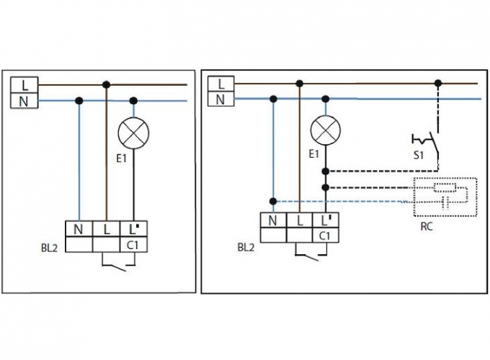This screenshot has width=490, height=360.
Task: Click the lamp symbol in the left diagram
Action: point(133,133)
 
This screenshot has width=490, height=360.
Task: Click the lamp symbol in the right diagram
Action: point(326,130)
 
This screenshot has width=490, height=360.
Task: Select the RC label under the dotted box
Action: point(426,225)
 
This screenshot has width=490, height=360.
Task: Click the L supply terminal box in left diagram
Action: point(24,86)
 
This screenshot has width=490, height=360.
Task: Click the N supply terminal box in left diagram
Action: point(24,100)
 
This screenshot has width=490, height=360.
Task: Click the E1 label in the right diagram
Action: point(313,154)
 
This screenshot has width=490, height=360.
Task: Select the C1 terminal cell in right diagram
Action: point(326,235)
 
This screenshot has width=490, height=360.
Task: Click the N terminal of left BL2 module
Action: point(78,230)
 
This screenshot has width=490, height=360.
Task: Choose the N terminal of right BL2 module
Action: point(272,221)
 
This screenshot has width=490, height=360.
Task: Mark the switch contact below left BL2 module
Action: point(115,269)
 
